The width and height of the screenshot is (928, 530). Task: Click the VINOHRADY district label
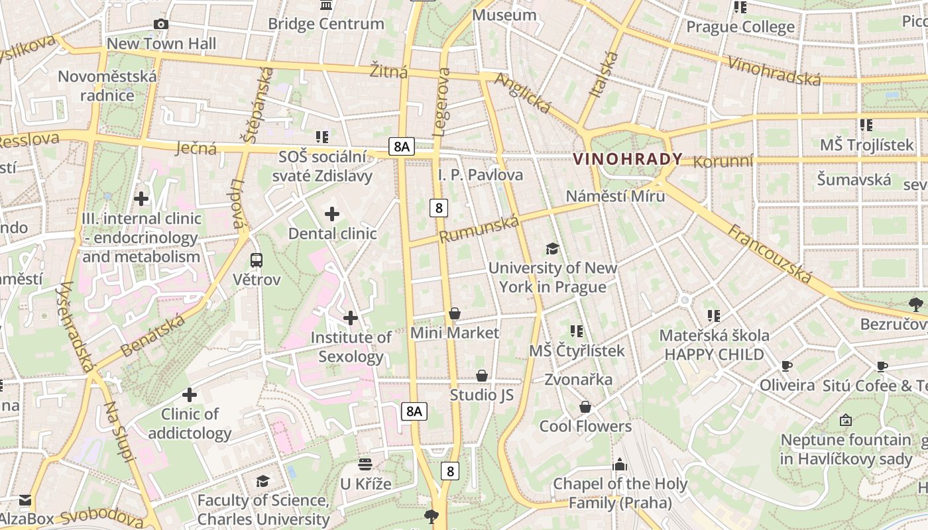pyautogui.click(x=627, y=159)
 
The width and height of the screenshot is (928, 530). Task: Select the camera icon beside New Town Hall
pyautogui.click(x=160, y=25)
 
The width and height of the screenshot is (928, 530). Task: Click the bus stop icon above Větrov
pyautogui.click(x=257, y=260)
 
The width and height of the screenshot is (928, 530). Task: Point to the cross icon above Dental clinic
pyautogui.click(x=332, y=214)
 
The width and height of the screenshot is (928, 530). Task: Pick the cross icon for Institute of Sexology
pyautogui.click(x=351, y=318)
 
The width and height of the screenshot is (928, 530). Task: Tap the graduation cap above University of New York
pyautogui.click(x=552, y=248)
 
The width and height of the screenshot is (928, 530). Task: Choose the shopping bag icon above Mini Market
pyautogui.click(x=455, y=313)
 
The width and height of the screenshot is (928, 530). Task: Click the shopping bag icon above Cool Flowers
pyautogui.click(x=585, y=407)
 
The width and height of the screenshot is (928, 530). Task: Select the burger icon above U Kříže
pyautogui.click(x=365, y=464)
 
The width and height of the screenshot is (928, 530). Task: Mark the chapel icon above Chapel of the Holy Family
pyautogui.click(x=620, y=464)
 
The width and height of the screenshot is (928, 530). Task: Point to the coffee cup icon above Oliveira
pyautogui.click(x=787, y=366)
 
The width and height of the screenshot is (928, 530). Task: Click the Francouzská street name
pyautogui.click(x=770, y=254)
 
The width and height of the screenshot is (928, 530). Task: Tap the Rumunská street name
pyautogui.click(x=479, y=229)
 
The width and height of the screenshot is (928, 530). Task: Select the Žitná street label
pyautogui.click(x=388, y=71)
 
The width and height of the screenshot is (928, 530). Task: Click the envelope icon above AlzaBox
pyautogui.click(x=25, y=500)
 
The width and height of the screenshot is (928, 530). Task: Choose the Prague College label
pyautogui.click(x=740, y=27)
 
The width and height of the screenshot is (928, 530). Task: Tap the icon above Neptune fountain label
pyautogui.click(x=845, y=420)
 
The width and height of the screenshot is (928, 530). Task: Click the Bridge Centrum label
pyautogui.click(x=325, y=24)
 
